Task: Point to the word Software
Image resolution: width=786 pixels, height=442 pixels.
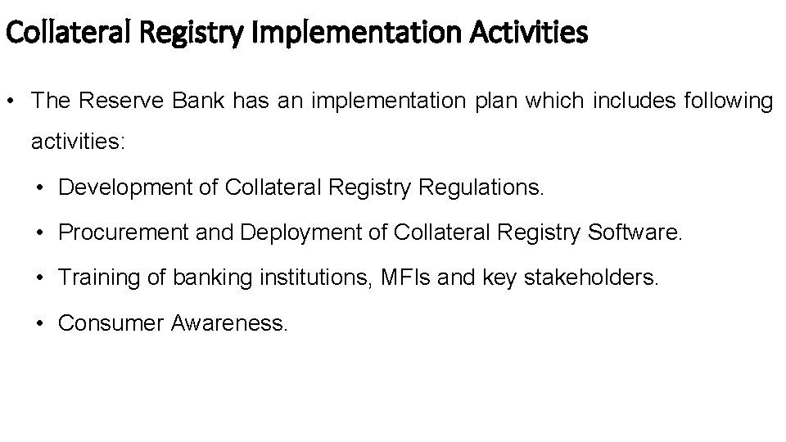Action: pyautogui.click(x=634, y=233)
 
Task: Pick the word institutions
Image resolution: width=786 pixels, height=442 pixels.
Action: pyautogui.click(x=314, y=278)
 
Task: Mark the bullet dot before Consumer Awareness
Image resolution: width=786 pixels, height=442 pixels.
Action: pyautogui.click(x=40, y=323)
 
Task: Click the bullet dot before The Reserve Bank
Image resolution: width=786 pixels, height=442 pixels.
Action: pyautogui.click(x=12, y=101)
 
